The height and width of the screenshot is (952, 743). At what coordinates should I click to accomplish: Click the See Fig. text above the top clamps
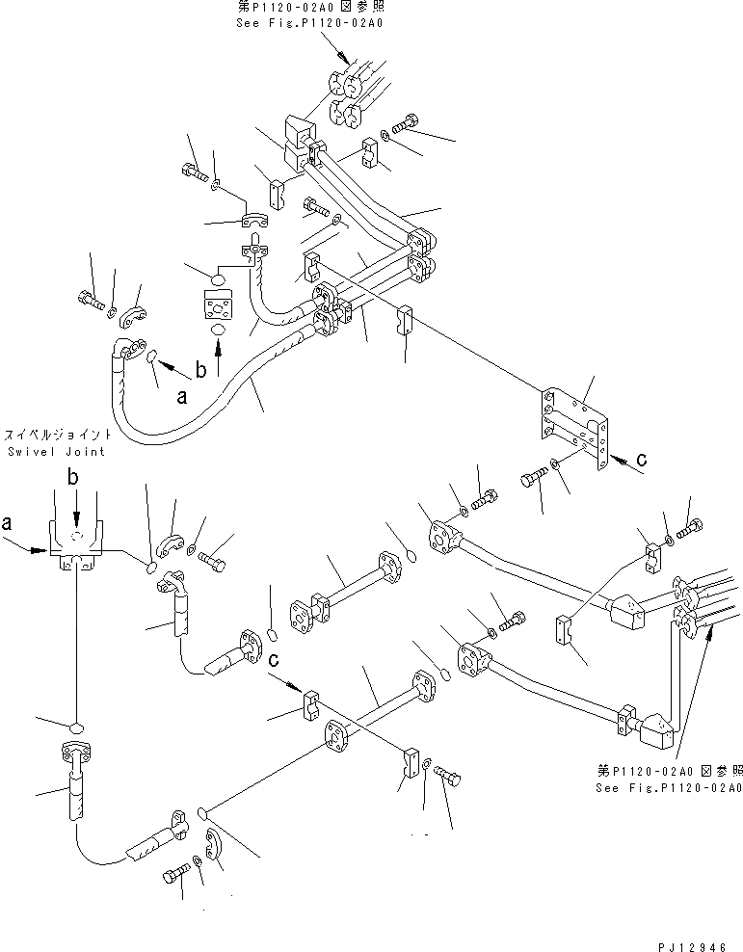[x=308, y=22]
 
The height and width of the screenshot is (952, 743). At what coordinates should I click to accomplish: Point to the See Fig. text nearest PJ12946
[x=669, y=786]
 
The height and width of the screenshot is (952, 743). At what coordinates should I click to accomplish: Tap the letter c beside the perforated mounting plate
[x=641, y=460]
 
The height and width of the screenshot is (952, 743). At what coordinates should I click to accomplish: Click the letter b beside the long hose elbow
[x=200, y=369]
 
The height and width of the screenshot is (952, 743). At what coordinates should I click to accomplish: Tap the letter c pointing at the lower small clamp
[x=275, y=659]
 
